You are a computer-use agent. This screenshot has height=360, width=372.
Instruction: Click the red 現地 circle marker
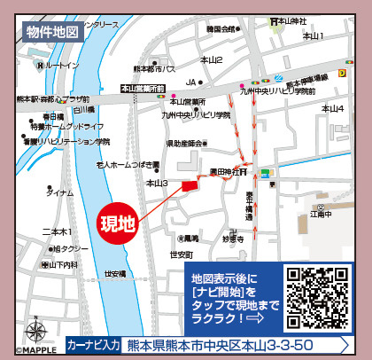116,222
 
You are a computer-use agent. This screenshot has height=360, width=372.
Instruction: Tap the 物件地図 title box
54,32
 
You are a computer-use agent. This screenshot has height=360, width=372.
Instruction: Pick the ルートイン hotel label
61,66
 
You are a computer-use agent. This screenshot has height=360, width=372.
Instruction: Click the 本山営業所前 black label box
144,89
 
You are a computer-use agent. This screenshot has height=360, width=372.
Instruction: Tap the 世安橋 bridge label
115,274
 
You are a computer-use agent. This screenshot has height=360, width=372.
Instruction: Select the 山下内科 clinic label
62,264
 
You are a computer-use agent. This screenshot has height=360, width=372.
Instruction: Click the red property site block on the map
189,185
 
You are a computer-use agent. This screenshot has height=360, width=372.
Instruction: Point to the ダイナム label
59,192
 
